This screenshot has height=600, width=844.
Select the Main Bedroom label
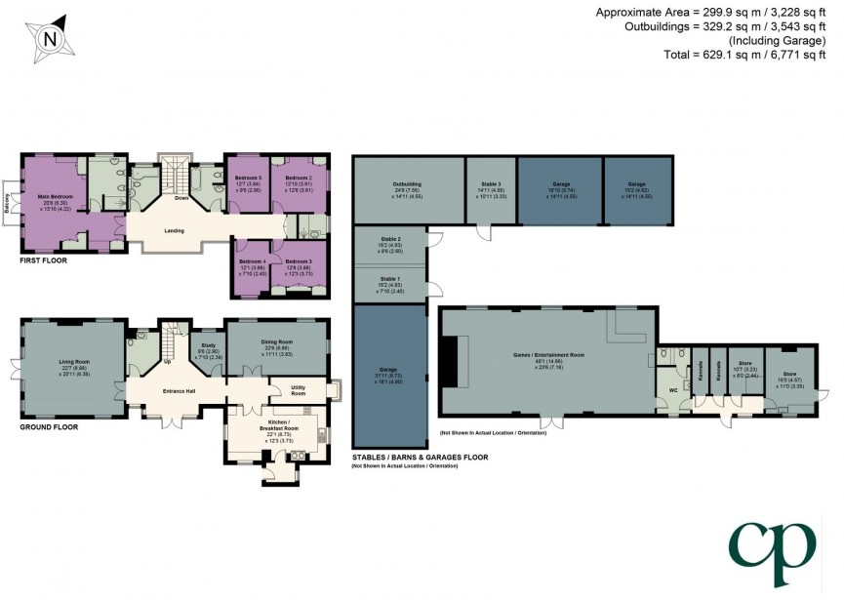[x=56, y=196]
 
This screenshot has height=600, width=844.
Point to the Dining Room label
[x=275, y=341]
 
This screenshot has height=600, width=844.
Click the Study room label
[x=207, y=344]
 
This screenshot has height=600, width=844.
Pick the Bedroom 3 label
[x=298, y=261]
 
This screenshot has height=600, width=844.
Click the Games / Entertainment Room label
[x=550, y=354]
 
